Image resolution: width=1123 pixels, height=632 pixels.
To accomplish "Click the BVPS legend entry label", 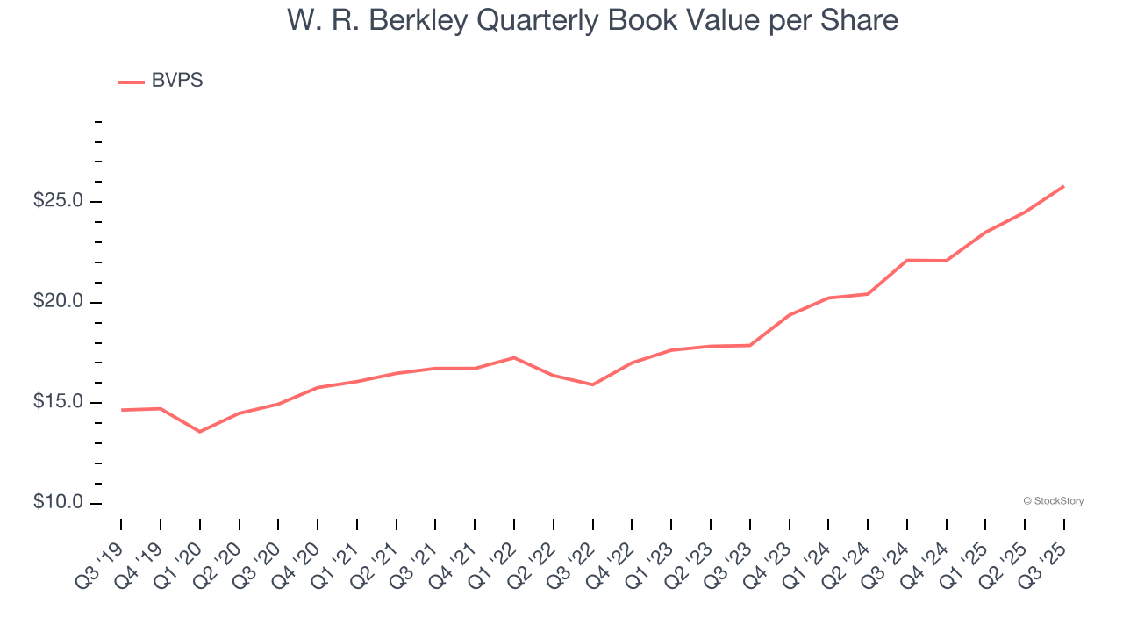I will coord(176,81).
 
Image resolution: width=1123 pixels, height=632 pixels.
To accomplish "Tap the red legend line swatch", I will coord(132,82).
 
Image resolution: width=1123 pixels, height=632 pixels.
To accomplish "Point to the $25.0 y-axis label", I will coord(58,201).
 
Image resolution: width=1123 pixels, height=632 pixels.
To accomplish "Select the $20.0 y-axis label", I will coord(58,302).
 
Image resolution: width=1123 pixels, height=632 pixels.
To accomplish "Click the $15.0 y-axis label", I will coord(58,403).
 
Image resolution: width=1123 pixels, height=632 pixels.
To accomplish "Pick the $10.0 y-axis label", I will coord(58,503).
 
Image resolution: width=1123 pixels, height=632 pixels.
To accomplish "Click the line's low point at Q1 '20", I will coord(199,432).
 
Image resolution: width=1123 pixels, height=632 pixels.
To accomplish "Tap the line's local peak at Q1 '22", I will coord(514,357).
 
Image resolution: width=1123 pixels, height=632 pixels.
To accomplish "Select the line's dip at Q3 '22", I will coord(593,384).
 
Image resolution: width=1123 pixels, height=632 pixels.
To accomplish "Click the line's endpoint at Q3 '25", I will coord(1064,186).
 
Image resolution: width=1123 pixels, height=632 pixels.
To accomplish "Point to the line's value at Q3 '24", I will coord(907,260).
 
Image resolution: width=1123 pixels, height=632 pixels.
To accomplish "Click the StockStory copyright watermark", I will coord(1053,501).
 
